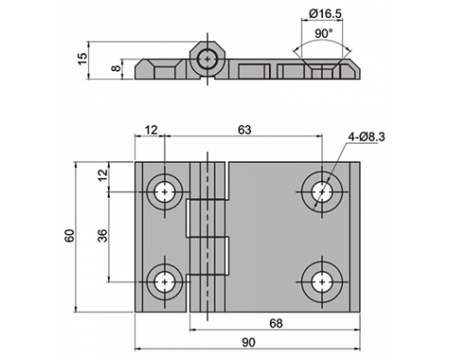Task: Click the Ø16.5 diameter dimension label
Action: pos(325,13)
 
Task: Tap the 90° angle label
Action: pos(324,33)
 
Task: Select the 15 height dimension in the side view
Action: pos(83,58)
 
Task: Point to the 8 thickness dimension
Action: pos(115,68)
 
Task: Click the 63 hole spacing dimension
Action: pos(244,130)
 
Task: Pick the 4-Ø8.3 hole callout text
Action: pos(366,137)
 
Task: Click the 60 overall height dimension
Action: pos(69,236)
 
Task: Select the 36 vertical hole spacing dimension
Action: pos(103,236)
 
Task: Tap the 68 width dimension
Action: pos(276,323)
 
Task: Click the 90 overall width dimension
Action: pos(248,342)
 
